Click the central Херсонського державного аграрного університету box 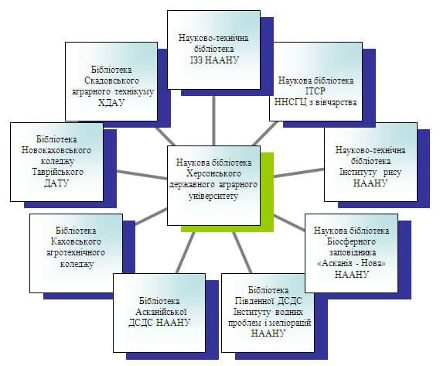pos(213,186)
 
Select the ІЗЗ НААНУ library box pos(213,50)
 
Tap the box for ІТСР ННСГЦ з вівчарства pos(316,82)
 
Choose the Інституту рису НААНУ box pos(370,162)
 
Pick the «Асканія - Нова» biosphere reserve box pos(351,253)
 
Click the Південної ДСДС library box pos(268,313)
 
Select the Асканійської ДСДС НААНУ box pos(159,313)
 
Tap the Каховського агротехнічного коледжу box pos(76,253)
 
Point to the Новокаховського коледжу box pos(56,162)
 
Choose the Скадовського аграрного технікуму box pos(111,82)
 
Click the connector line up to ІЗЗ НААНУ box pos(214,121)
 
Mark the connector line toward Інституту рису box pos(299,173)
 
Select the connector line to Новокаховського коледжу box pos(142,174)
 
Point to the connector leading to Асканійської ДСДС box pos(186,253)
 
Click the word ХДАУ pos(111,103)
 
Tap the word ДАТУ pos(56,183)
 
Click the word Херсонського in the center pos(213,173)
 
